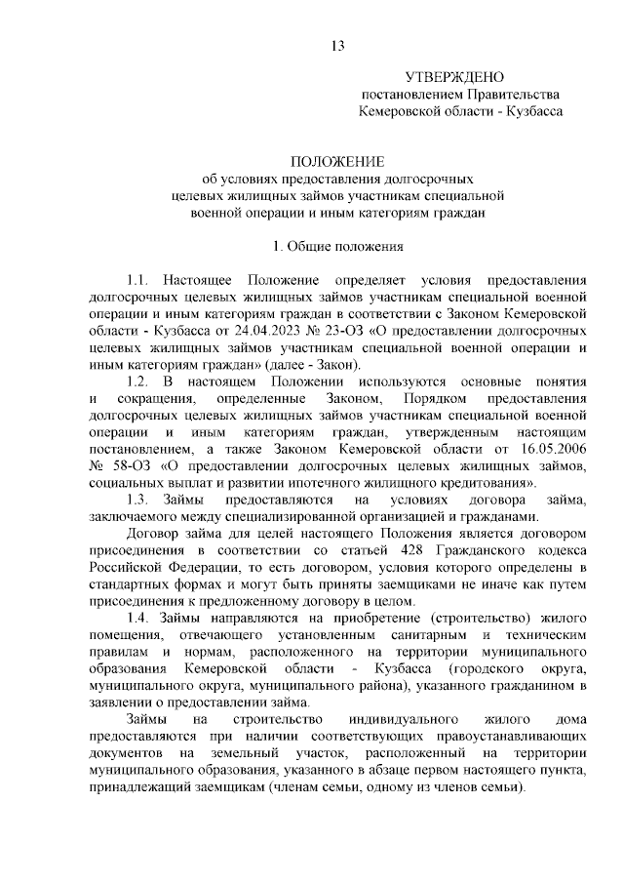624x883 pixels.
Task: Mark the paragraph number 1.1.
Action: click(140, 279)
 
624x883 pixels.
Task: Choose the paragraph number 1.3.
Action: click(140, 500)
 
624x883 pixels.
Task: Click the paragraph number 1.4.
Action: click(140, 618)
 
